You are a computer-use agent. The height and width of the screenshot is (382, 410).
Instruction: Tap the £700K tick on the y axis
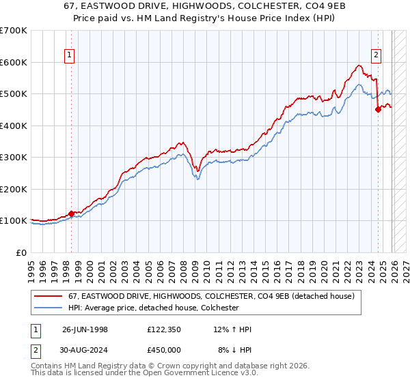pos(13,31)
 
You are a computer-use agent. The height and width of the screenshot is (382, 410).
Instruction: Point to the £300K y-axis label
pos(13,158)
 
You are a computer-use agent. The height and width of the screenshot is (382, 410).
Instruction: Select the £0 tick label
pos(21,252)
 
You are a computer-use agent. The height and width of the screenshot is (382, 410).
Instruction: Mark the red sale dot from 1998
pos(72,214)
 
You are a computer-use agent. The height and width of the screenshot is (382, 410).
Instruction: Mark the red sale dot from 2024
pos(378,110)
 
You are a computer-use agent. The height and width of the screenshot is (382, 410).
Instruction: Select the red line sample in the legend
pos(49,297)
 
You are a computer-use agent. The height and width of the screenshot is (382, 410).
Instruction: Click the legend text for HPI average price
pos(153,308)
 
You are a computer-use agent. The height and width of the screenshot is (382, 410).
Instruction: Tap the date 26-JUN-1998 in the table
pos(85,329)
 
